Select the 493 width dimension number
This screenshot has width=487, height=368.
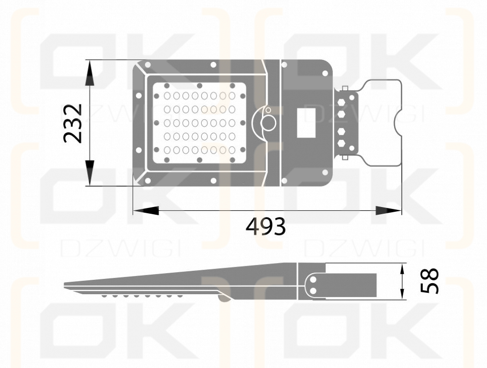pyautogui.click(x=266, y=227)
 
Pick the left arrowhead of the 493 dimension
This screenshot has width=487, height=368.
pyautogui.click(x=146, y=210)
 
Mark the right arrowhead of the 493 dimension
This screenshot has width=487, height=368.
pyautogui.click(x=388, y=210)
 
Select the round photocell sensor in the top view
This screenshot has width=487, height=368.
pyautogui.click(x=268, y=123)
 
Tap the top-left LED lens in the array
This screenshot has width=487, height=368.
pyautogui.click(x=168, y=96)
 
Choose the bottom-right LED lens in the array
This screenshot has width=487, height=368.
pyautogui.click(x=232, y=150)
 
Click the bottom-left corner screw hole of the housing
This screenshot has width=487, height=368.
pyautogui.click(x=147, y=181)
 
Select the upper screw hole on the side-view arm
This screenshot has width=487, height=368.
pyautogui.click(x=313, y=279)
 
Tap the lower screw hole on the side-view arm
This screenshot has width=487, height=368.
pyautogui.click(x=313, y=291)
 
